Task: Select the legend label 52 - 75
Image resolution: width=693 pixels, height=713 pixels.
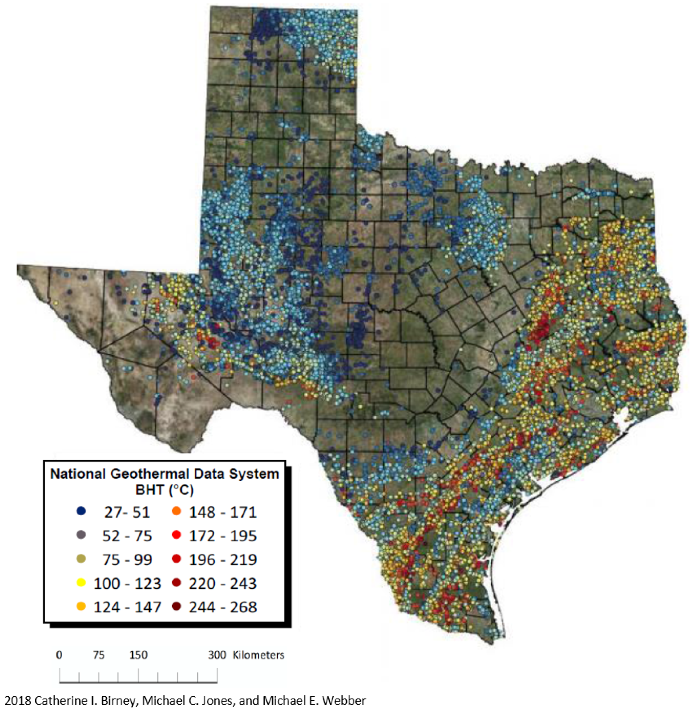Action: point(127,536)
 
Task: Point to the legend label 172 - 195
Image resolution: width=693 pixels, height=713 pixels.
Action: point(223,536)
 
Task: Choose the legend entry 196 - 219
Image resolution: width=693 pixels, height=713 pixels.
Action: point(223,559)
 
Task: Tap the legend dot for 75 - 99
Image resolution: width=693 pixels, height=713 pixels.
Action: point(81,559)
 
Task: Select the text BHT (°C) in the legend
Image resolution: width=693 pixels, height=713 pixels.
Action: point(164,490)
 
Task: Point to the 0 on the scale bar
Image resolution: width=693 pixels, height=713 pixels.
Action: point(59,655)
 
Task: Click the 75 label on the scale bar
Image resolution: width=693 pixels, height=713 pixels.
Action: point(98,655)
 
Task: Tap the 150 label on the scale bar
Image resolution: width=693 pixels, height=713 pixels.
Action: point(138,655)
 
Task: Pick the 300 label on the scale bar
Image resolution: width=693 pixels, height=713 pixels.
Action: point(217,655)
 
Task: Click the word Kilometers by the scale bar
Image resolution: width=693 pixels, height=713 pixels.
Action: point(258,655)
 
